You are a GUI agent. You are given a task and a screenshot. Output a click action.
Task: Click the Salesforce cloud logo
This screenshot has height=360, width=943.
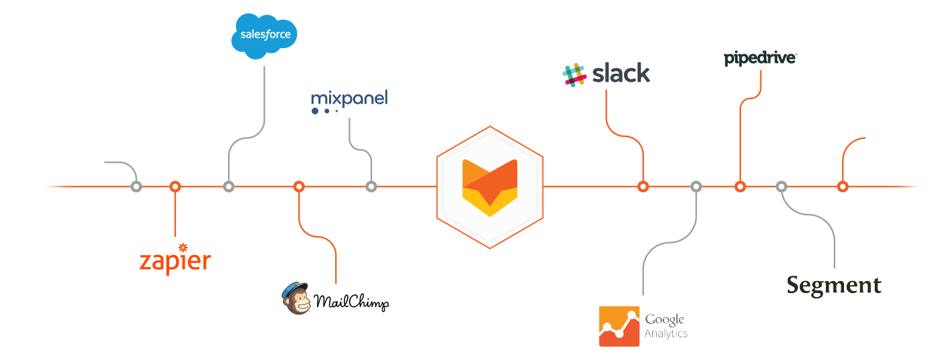coord(264,35)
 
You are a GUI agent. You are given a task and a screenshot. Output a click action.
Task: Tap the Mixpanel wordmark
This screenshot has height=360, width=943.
coord(349,100)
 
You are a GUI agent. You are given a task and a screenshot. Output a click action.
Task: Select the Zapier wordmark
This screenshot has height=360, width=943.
coord(175,260)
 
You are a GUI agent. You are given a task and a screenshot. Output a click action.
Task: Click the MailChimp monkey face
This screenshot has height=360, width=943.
coord(296,298)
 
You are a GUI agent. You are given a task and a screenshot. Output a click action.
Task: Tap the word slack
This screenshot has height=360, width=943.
coord(621,73)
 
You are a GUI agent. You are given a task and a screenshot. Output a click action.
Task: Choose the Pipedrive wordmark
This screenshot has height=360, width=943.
coord(760,59)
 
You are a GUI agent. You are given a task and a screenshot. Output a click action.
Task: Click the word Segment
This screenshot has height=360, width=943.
coord(834,285)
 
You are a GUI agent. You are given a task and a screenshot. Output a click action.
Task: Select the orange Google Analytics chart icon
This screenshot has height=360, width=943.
coord(619,326)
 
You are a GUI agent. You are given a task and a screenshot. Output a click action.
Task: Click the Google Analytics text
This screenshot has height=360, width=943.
coord(665,326)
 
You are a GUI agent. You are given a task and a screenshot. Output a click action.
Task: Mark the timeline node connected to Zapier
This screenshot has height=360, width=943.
coord(175,187)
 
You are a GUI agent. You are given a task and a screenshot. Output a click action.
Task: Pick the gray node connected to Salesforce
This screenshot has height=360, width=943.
coord(229,187)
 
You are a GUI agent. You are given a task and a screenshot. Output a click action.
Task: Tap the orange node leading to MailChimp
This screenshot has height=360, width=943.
coord(299,187)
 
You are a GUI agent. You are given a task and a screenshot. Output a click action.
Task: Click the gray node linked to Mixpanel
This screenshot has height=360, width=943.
coord(371,187)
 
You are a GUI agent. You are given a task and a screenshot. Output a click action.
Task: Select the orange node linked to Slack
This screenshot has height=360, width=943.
coord(643,187)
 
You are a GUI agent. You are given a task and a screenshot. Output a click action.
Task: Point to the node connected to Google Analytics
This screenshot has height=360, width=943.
coord(696,187)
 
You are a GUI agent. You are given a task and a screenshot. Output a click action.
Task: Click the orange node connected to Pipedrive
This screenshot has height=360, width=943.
coord(740,187)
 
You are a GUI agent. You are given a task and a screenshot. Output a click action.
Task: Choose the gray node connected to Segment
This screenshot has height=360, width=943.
coord(781,187)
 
